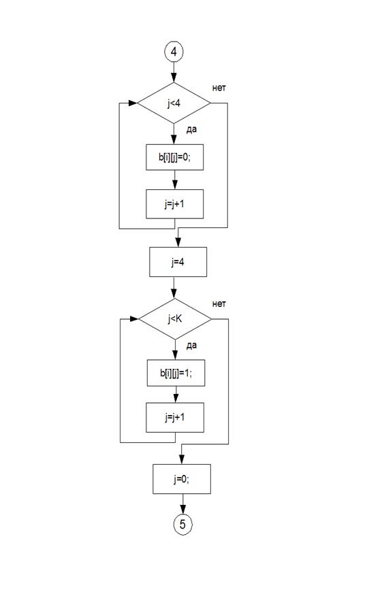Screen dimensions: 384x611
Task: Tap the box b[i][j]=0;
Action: point(175,157)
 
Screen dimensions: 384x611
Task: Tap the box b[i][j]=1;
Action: point(176,373)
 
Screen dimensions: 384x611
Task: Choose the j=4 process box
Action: point(178,262)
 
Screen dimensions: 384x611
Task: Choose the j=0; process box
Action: point(182,479)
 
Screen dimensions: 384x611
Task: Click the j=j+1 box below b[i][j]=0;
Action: point(175,204)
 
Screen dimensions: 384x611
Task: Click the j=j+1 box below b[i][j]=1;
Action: point(175,417)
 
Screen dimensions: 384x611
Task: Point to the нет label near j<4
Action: point(219,88)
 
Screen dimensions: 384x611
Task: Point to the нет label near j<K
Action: point(219,304)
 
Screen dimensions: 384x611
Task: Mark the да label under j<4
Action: point(191,130)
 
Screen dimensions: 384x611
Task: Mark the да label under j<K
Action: point(191,346)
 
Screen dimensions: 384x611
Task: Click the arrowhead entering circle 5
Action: point(182,510)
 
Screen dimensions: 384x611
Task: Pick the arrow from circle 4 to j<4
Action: point(174,72)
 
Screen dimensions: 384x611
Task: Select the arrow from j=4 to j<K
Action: point(174,288)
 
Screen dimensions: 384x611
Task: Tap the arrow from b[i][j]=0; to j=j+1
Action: point(175,180)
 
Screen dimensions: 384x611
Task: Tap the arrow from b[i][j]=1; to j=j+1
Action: point(176,395)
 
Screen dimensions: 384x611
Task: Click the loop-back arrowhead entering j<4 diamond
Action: point(133,103)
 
